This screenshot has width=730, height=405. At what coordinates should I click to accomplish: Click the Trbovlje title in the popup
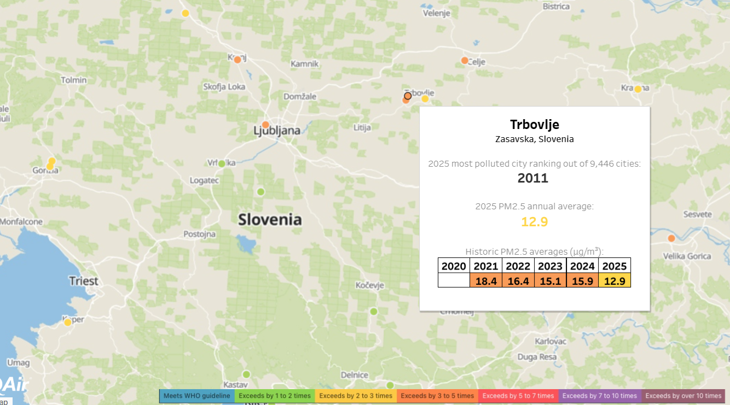[x=534, y=125]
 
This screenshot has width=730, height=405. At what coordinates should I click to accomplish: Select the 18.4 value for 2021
[x=486, y=280]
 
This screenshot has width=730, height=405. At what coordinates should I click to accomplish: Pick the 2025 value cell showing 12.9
[x=615, y=280]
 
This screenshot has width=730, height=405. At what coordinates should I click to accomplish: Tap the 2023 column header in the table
[x=551, y=266]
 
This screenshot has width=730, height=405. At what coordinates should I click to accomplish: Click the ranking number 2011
[x=533, y=178]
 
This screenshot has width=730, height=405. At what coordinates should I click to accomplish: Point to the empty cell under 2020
[x=454, y=280]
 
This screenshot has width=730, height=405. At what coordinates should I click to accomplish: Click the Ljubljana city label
[x=277, y=131]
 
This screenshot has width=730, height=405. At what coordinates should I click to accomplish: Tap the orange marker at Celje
[x=465, y=61]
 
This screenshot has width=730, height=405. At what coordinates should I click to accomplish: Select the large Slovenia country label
[x=270, y=220]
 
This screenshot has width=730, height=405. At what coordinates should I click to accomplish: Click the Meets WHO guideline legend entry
[x=197, y=396]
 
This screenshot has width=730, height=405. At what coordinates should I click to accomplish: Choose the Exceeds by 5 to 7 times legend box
[x=518, y=396]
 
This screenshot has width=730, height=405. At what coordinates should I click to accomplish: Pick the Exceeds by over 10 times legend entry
[x=683, y=396]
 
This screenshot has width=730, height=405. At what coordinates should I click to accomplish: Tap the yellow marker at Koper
[x=68, y=322]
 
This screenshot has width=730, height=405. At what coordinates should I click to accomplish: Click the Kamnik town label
[x=304, y=64]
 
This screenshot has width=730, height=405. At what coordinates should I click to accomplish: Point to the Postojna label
[x=199, y=234]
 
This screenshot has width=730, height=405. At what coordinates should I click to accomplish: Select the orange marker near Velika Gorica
[x=671, y=238]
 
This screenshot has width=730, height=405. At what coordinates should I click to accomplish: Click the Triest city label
[x=83, y=281]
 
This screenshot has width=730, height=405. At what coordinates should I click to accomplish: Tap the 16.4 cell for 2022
[x=518, y=280]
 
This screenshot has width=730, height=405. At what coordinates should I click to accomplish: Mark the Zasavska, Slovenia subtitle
[x=534, y=139]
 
